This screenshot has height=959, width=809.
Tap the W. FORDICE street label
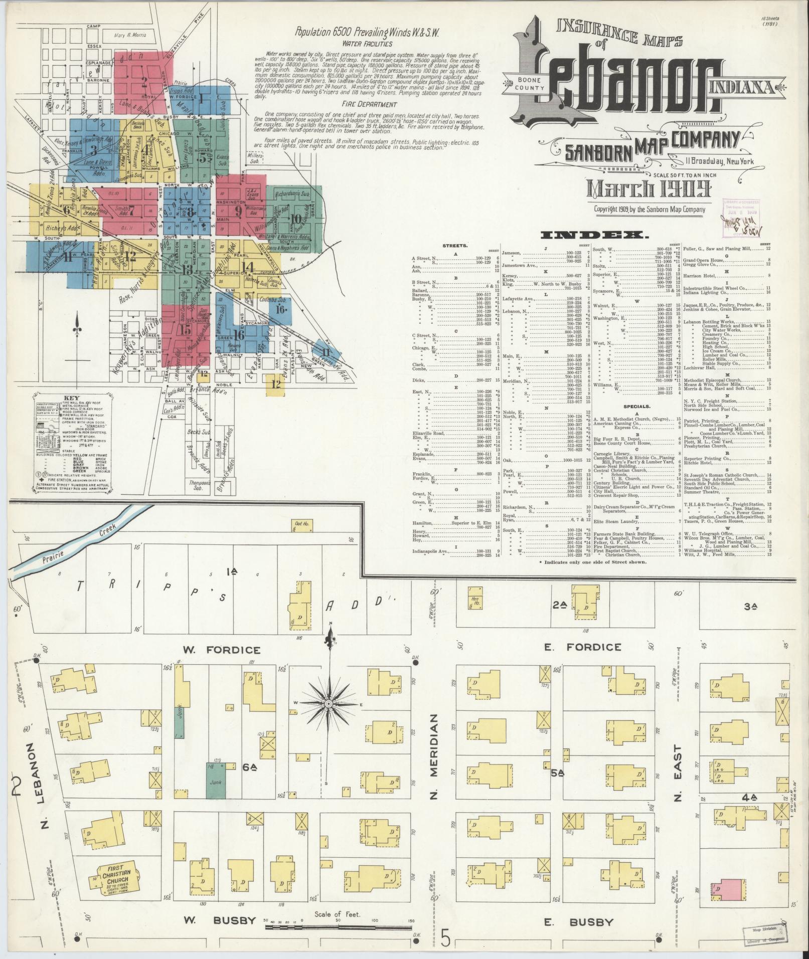tap(222, 650)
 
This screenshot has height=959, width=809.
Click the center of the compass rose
tap(329, 704)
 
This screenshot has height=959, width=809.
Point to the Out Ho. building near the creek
tap(301, 525)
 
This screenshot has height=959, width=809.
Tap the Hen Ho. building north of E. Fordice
tap(473, 600)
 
